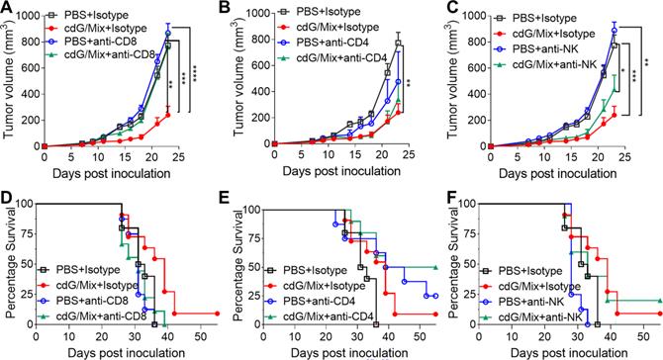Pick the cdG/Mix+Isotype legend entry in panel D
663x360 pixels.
pos(97,286)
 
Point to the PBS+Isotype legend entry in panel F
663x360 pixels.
pos(530,271)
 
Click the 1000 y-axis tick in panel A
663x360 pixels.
pos(28,16)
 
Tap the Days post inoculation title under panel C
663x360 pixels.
pos(557,173)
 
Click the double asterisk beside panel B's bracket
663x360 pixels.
pos(409,83)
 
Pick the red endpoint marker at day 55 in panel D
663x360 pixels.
pos(217,314)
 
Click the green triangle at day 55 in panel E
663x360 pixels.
pos(435,267)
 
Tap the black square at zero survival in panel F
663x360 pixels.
pos(598,324)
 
